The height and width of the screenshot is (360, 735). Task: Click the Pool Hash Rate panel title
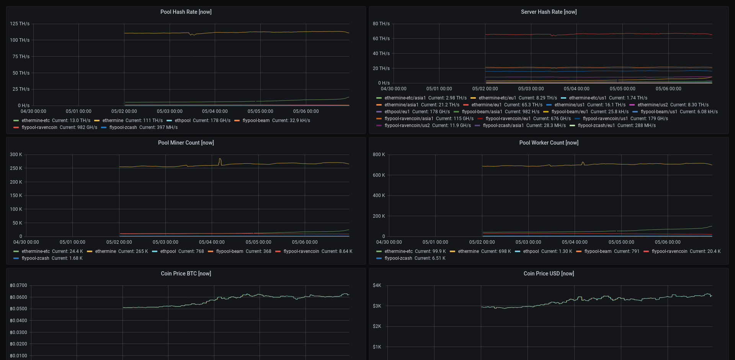pos(186,12)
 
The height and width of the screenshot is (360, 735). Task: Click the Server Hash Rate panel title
pos(549,12)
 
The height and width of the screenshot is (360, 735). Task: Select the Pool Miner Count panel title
pos(186,143)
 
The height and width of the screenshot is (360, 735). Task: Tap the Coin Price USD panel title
pos(549,274)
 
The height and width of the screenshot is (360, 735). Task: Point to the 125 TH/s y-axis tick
pos(20,24)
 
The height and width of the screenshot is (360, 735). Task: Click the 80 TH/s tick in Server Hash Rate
pos(381,24)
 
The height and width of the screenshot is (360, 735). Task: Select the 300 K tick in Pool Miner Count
pos(16,155)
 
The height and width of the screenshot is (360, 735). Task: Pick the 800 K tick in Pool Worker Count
pos(379,155)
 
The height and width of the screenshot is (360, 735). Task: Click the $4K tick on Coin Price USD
pos(377,285)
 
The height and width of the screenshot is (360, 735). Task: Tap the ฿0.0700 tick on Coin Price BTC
pos(18,285)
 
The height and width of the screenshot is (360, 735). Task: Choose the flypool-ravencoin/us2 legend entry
pos(407,125)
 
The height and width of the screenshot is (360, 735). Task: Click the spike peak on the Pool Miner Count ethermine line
pos(220,159)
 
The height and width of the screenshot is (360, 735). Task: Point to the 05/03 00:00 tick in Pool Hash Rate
pos(170,111)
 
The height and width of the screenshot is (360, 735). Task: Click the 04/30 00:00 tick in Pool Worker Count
pos(389,242)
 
